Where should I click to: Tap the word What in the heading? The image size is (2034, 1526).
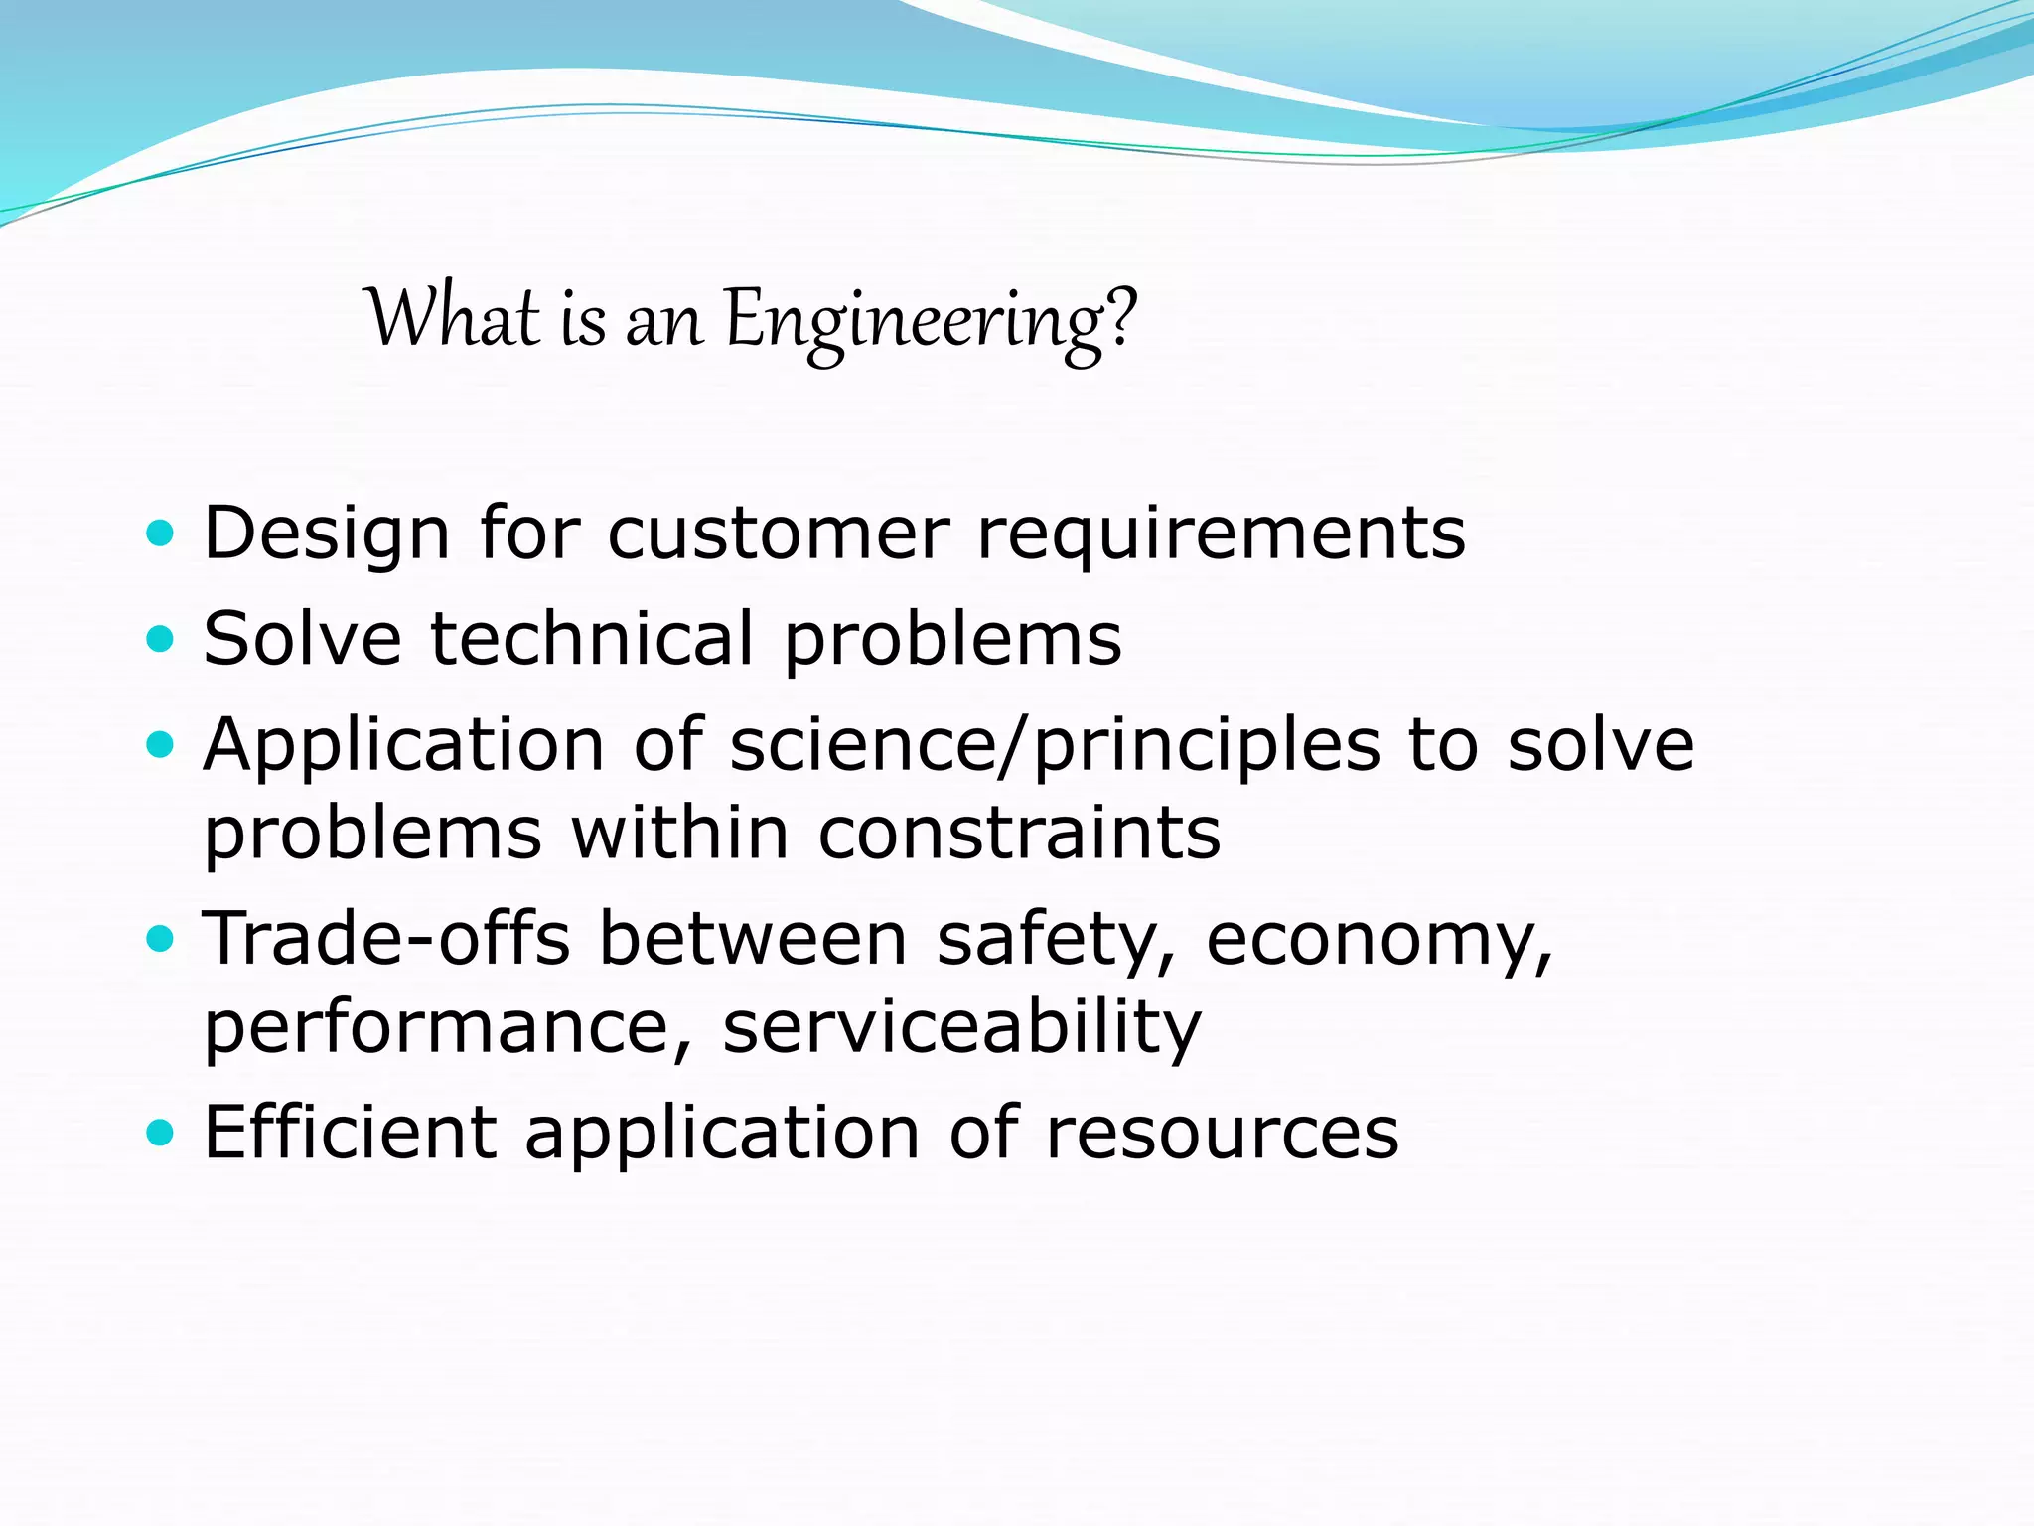(452, 318)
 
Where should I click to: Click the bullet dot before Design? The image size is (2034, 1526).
(159, 534)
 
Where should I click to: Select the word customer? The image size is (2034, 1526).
(778, 534)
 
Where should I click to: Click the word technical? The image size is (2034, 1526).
(592, 638)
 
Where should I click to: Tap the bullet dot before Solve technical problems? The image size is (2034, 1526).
(159, 638)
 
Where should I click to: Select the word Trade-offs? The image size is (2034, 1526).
(386, 938)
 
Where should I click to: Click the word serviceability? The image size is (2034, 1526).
(961, 1029)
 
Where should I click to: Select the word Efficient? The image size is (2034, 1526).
(350, 1132)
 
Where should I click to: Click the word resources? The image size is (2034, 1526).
(1222, 1134)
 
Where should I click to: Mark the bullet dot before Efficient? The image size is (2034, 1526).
(159, 1132)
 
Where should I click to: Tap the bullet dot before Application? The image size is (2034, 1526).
(159, 745)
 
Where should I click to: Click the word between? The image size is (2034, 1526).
(753, 938)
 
